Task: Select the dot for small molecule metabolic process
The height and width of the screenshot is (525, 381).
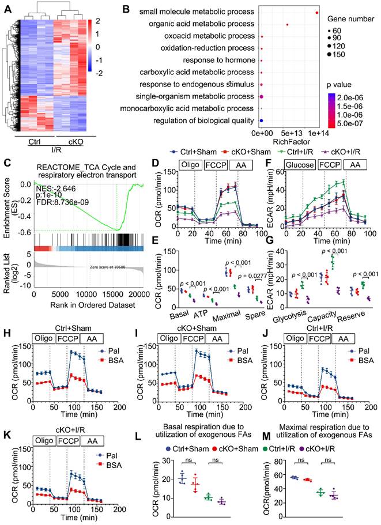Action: point(318,13)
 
